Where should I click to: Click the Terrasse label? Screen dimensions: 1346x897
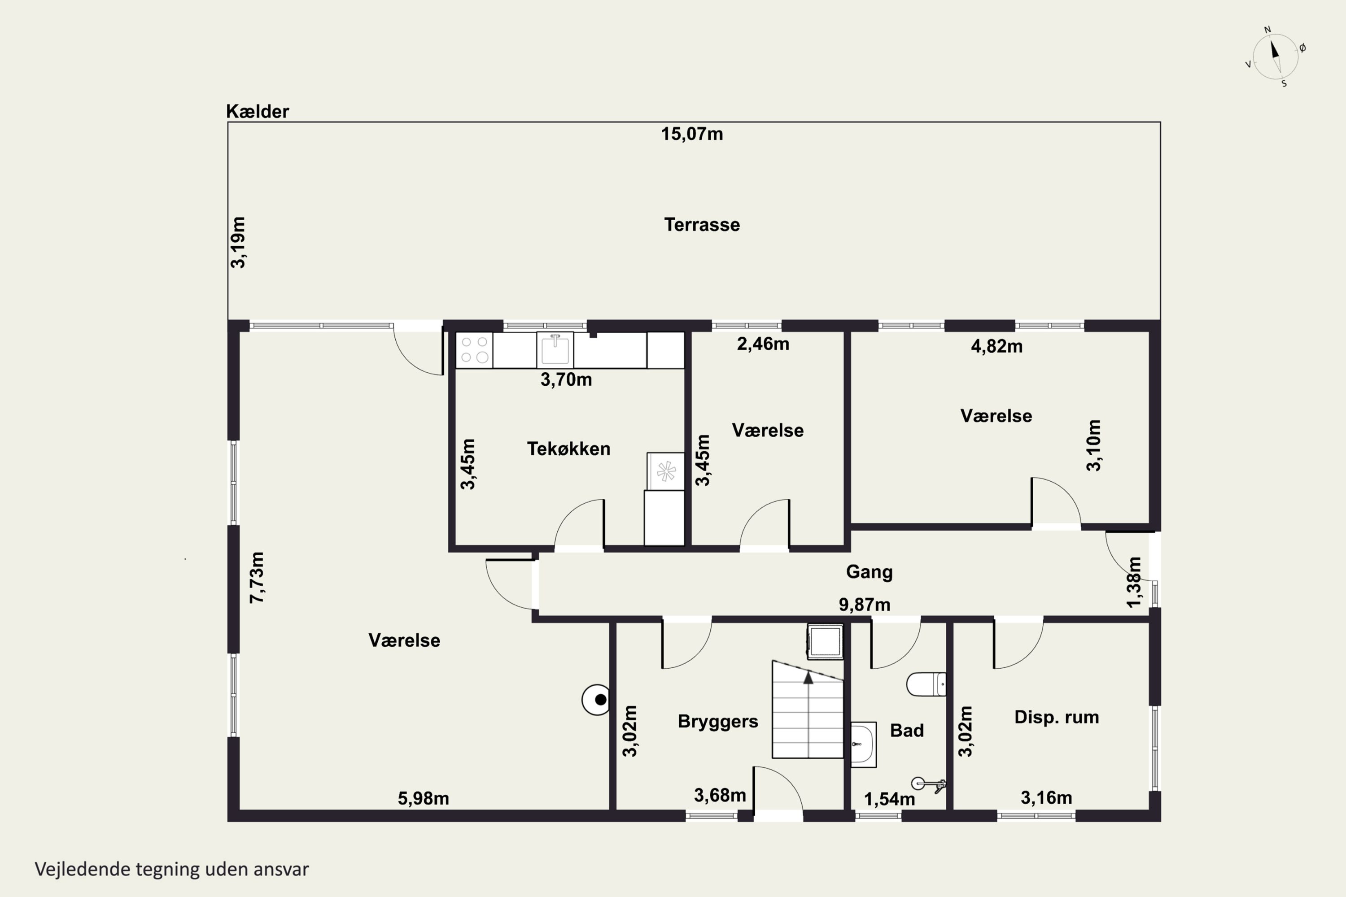tap(702, 224)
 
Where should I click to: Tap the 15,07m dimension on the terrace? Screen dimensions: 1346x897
tap(692, 134)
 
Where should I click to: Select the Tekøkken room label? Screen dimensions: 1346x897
tap(568, 448)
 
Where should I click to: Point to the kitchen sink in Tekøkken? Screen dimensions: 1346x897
tap(555, 349)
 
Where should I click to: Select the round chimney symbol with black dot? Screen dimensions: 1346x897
tap(596, 700)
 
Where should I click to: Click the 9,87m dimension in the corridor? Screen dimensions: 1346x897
tap(864, 604)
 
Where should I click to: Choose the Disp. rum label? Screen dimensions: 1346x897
tap(1057, 717)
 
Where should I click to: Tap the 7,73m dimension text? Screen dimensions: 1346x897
tap(257, 577)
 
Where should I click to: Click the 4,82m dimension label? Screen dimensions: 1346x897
tap(996, 346)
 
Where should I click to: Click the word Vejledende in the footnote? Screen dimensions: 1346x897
tap(83, 869)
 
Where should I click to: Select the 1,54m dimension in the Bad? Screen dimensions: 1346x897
tap(889, 799)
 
